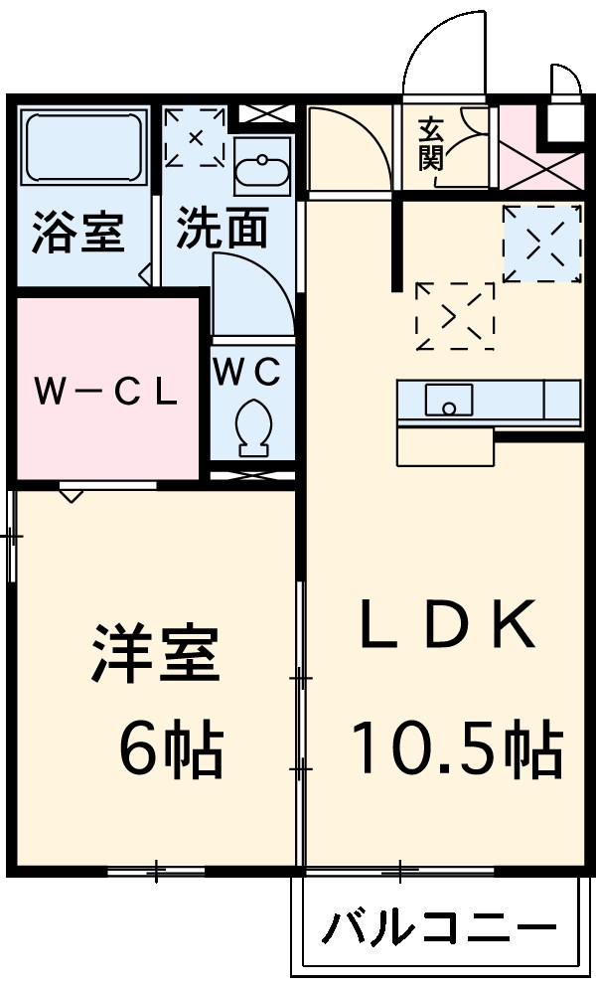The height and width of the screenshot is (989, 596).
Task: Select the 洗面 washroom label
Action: click(x=223, y=230)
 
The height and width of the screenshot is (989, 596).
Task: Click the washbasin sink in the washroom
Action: click(x=262, y=167)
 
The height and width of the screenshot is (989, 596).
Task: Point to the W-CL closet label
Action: click(x=106, y=391)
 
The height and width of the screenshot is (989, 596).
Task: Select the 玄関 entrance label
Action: click(x=431, y=143)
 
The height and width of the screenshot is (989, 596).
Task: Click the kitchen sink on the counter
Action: click(x=449, y=400)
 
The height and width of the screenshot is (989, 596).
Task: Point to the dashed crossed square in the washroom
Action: click(x=196, y=136)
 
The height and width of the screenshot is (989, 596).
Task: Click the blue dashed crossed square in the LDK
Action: click(x=541, y=243)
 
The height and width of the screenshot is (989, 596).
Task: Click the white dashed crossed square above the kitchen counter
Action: click(x=455, y=316)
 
